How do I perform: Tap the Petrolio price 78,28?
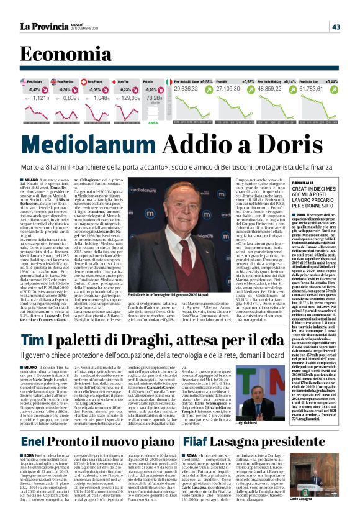tap(155, 98)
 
